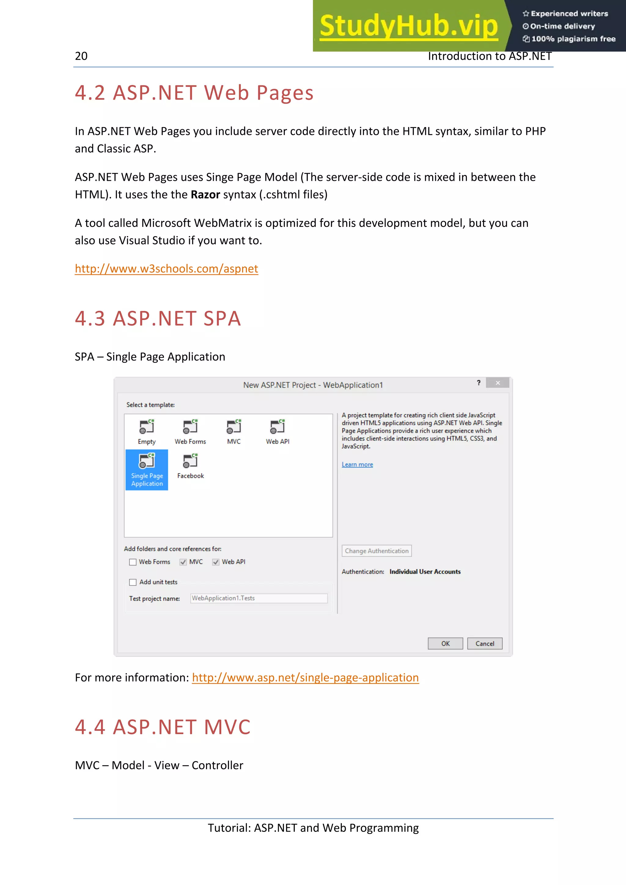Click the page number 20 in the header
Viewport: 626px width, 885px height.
point(81,56)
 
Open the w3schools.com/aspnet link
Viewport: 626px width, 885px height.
point(166,269)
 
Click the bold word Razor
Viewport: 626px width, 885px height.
point(205,195)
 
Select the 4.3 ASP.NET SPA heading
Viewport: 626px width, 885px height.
point(158,319)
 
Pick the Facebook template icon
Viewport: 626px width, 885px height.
point(190,461)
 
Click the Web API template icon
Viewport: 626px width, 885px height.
point(277,427)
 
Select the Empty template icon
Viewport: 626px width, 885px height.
point(147,427)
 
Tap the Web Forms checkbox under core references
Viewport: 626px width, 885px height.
point(133,562)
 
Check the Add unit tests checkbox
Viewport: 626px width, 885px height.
point(133,582)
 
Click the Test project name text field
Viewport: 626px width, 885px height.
point(258,598)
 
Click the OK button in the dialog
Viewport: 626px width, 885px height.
point(445,643)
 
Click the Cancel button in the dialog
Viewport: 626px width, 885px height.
point(484,643)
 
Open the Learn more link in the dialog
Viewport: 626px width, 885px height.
point(357,464)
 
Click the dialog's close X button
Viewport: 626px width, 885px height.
point(498,383)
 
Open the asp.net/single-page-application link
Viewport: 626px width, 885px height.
point(305,678)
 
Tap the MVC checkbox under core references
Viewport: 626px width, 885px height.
point(183,562)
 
